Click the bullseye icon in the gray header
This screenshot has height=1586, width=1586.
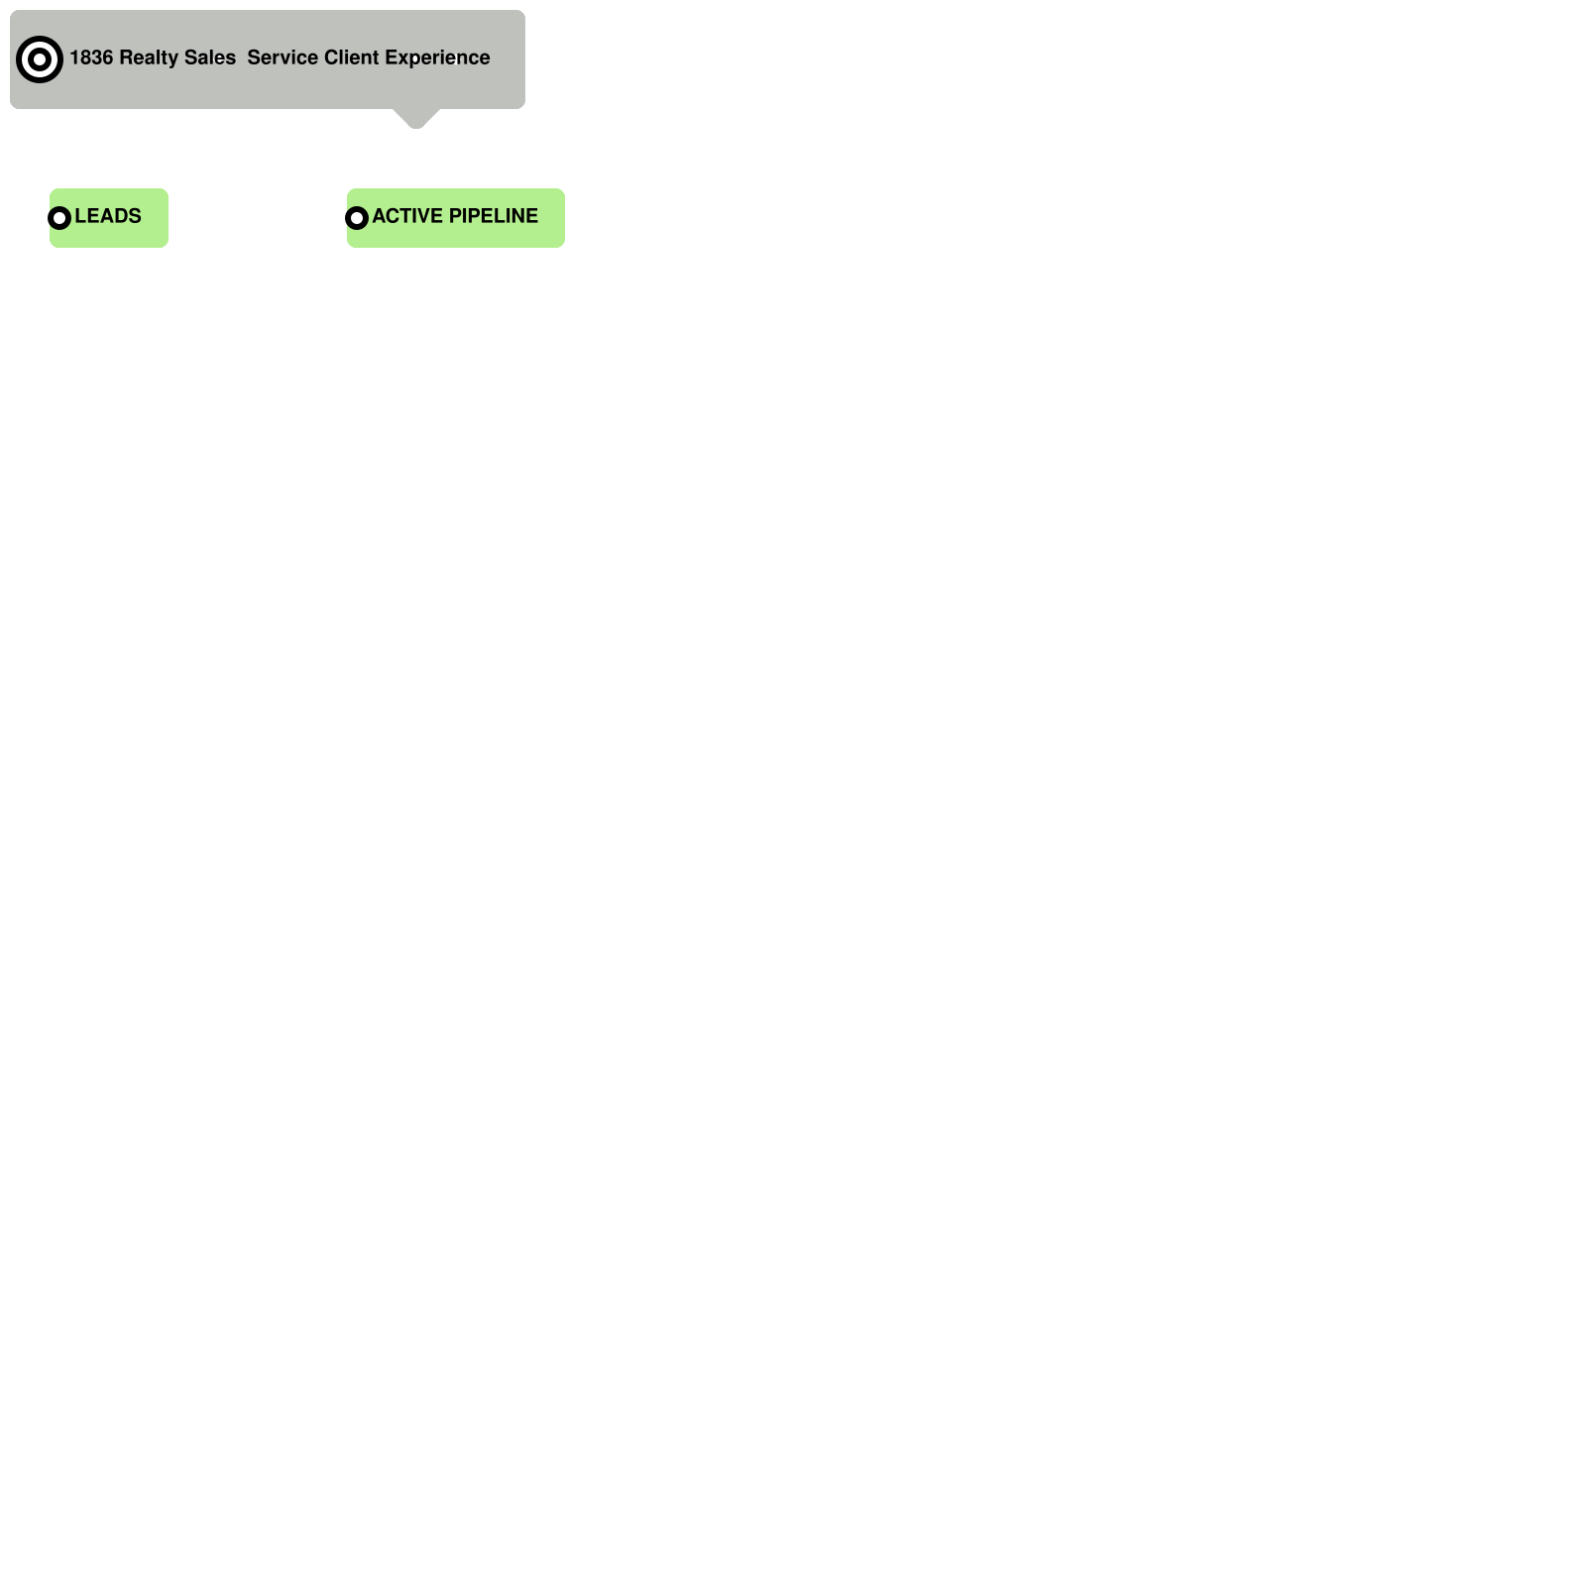point(40,59)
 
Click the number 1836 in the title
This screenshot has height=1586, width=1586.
point(90,57)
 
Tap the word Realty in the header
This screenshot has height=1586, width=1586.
point(148,57)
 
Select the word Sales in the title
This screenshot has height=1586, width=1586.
point(210,57)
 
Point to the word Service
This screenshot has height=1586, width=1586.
point(283,57)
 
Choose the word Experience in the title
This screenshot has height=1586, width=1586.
point(437,57)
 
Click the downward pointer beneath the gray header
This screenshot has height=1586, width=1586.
point(416,119)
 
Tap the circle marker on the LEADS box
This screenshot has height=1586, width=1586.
point(59,218)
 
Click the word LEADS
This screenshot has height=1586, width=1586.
point(108,216)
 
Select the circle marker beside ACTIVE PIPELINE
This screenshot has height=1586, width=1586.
point(357,218)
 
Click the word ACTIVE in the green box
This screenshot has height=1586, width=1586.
point(407,216)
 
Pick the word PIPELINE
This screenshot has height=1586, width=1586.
point(494,216)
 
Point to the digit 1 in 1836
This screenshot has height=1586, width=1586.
point(74,57)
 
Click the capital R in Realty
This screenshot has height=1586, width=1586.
point(126,57)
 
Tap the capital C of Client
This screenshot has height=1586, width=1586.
point(331,57)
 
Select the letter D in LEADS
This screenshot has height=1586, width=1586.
point(121,216)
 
